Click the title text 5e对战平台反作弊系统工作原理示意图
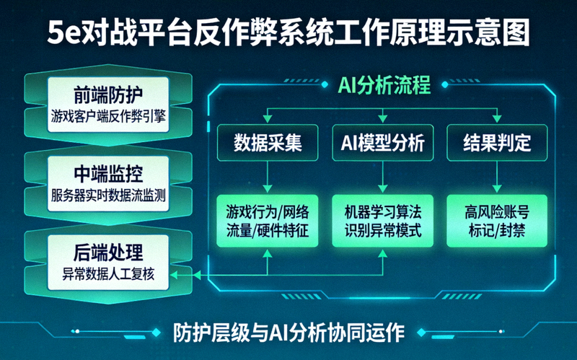tap(288, 32)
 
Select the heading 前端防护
tap(109, 95)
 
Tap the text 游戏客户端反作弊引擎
tap(109, 115)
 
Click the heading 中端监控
tap(109, 173)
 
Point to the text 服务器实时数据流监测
tap(109, 193)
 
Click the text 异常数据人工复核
tap(109, 273)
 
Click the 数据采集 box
tap(268, 142)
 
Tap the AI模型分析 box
tap(382, 142)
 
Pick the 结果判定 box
tap(498, 142)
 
